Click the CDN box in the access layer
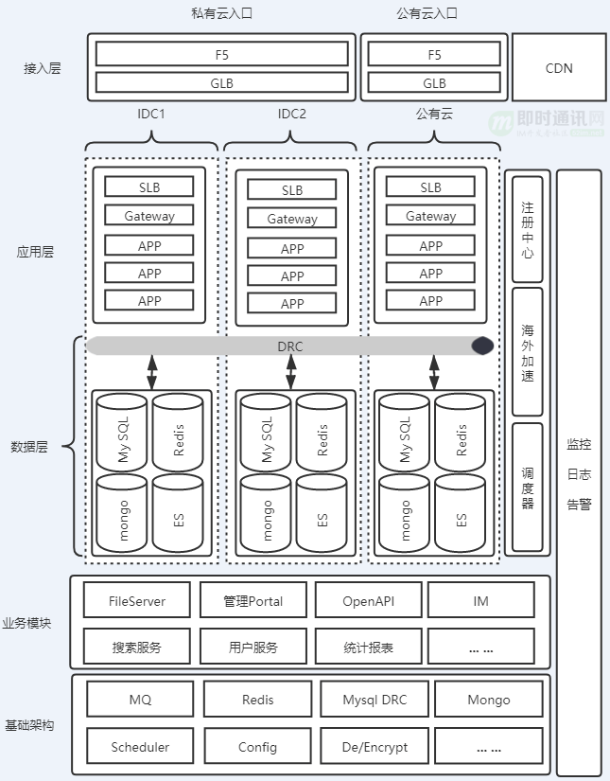559,68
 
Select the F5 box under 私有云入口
222,54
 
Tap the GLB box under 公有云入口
434,82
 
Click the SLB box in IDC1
149,187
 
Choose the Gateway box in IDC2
292,219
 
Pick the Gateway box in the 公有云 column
430,216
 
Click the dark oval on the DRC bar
482,346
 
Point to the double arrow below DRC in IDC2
291,372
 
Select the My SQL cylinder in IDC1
122,433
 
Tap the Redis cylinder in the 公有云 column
461,433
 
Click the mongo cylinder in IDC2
266,513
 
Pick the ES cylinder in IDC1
178,513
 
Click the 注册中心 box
528,229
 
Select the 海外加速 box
528,351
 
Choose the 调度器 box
528,488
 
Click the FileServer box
137,601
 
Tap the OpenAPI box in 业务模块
368,601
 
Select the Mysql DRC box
375,700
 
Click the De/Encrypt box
375,747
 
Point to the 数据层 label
29,446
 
